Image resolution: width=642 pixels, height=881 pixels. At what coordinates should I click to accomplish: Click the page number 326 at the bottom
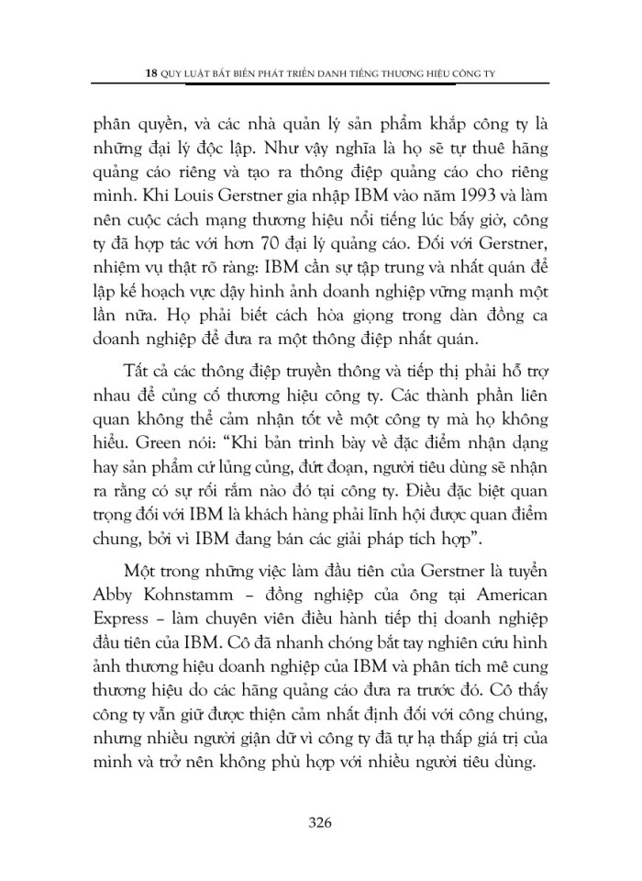320,821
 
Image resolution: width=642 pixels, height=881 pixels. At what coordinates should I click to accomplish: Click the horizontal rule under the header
320,84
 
